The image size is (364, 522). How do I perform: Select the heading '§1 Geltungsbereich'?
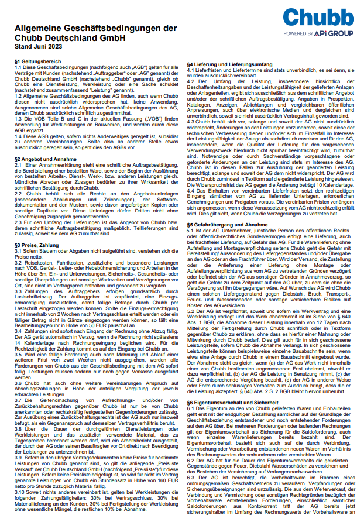click(37, 60)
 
